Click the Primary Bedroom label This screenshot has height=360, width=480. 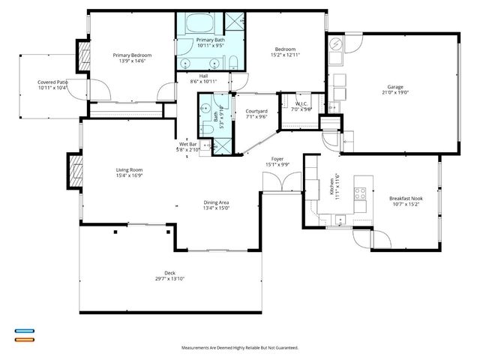click(132, 55)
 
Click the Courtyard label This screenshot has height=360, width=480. click(256, 112)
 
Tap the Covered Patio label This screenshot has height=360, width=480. click(52, 82)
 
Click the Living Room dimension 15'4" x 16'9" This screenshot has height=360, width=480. click(129, 175)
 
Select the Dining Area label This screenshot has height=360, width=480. click(216, 202)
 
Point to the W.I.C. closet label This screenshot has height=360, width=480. click(302, 104)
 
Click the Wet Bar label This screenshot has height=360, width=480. click(188, 145)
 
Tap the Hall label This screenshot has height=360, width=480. click(202, 76)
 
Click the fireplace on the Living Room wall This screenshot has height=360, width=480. click(74, 171)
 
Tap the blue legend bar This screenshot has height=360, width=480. click(24, 330)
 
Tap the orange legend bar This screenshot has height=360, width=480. click(24, 339)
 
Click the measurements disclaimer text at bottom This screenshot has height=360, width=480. click(240, 348)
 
